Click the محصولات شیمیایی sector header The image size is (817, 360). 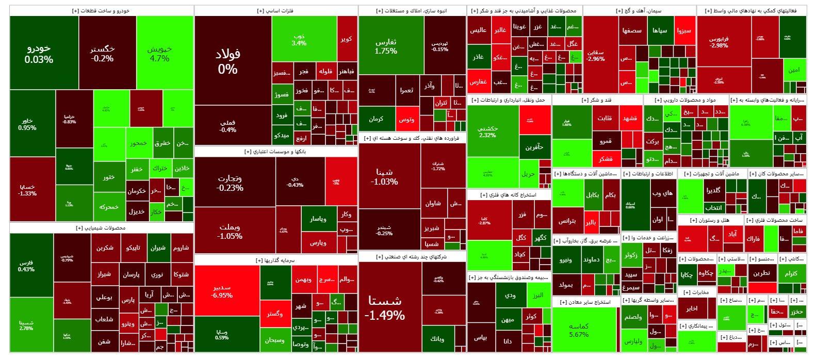101,228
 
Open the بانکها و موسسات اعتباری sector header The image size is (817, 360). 275,152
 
